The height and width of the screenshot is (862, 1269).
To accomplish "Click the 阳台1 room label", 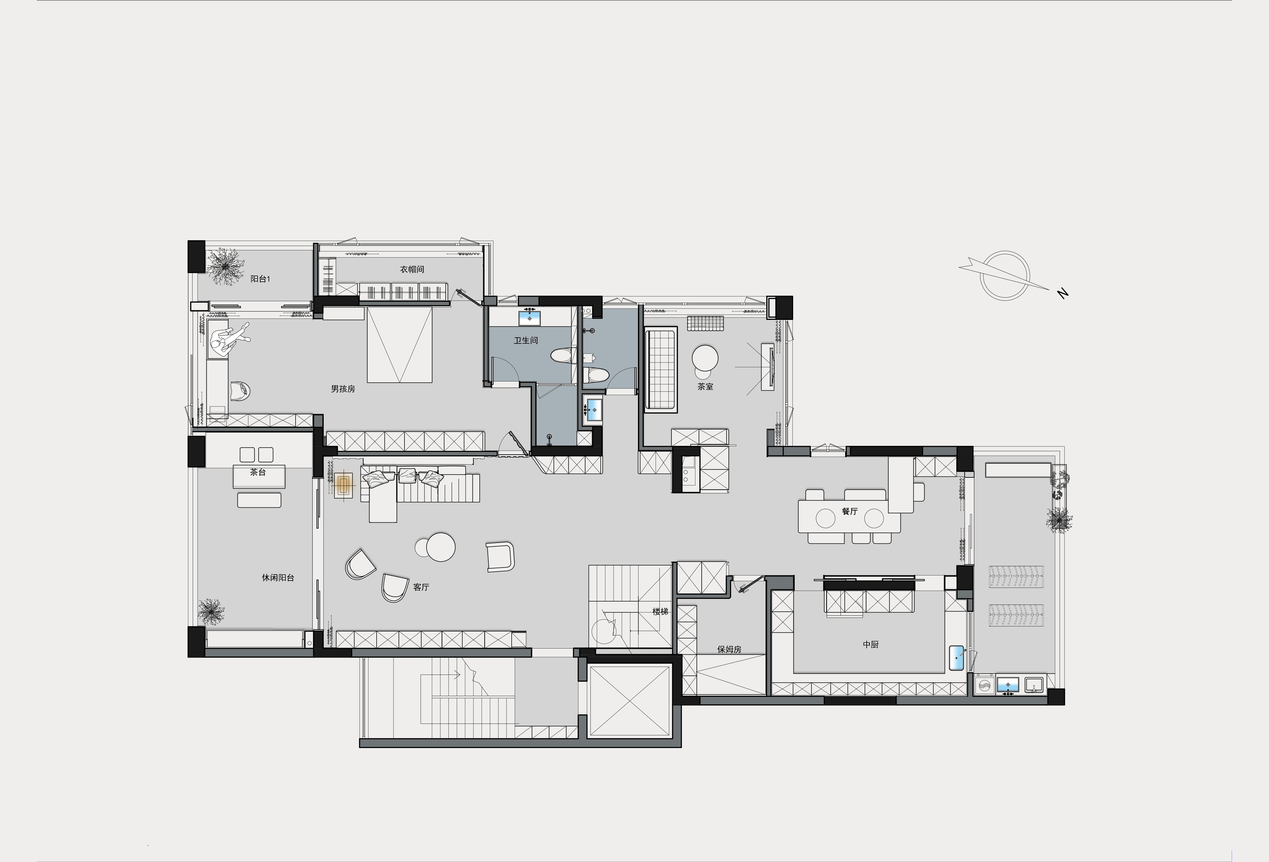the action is point(261,279).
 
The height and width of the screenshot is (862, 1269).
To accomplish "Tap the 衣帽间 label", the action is point(412,269).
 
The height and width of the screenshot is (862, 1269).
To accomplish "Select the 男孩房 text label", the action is point(343,389).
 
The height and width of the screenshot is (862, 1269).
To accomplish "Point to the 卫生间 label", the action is point(526,340).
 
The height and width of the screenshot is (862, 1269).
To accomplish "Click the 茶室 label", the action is point(705,386).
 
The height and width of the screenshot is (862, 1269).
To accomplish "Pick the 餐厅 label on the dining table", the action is point(850,511).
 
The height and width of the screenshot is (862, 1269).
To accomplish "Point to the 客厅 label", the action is point(421,587).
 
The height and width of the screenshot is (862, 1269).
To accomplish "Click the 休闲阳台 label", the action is point(278,577).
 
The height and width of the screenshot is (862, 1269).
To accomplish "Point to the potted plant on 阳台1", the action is point(224,265).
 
